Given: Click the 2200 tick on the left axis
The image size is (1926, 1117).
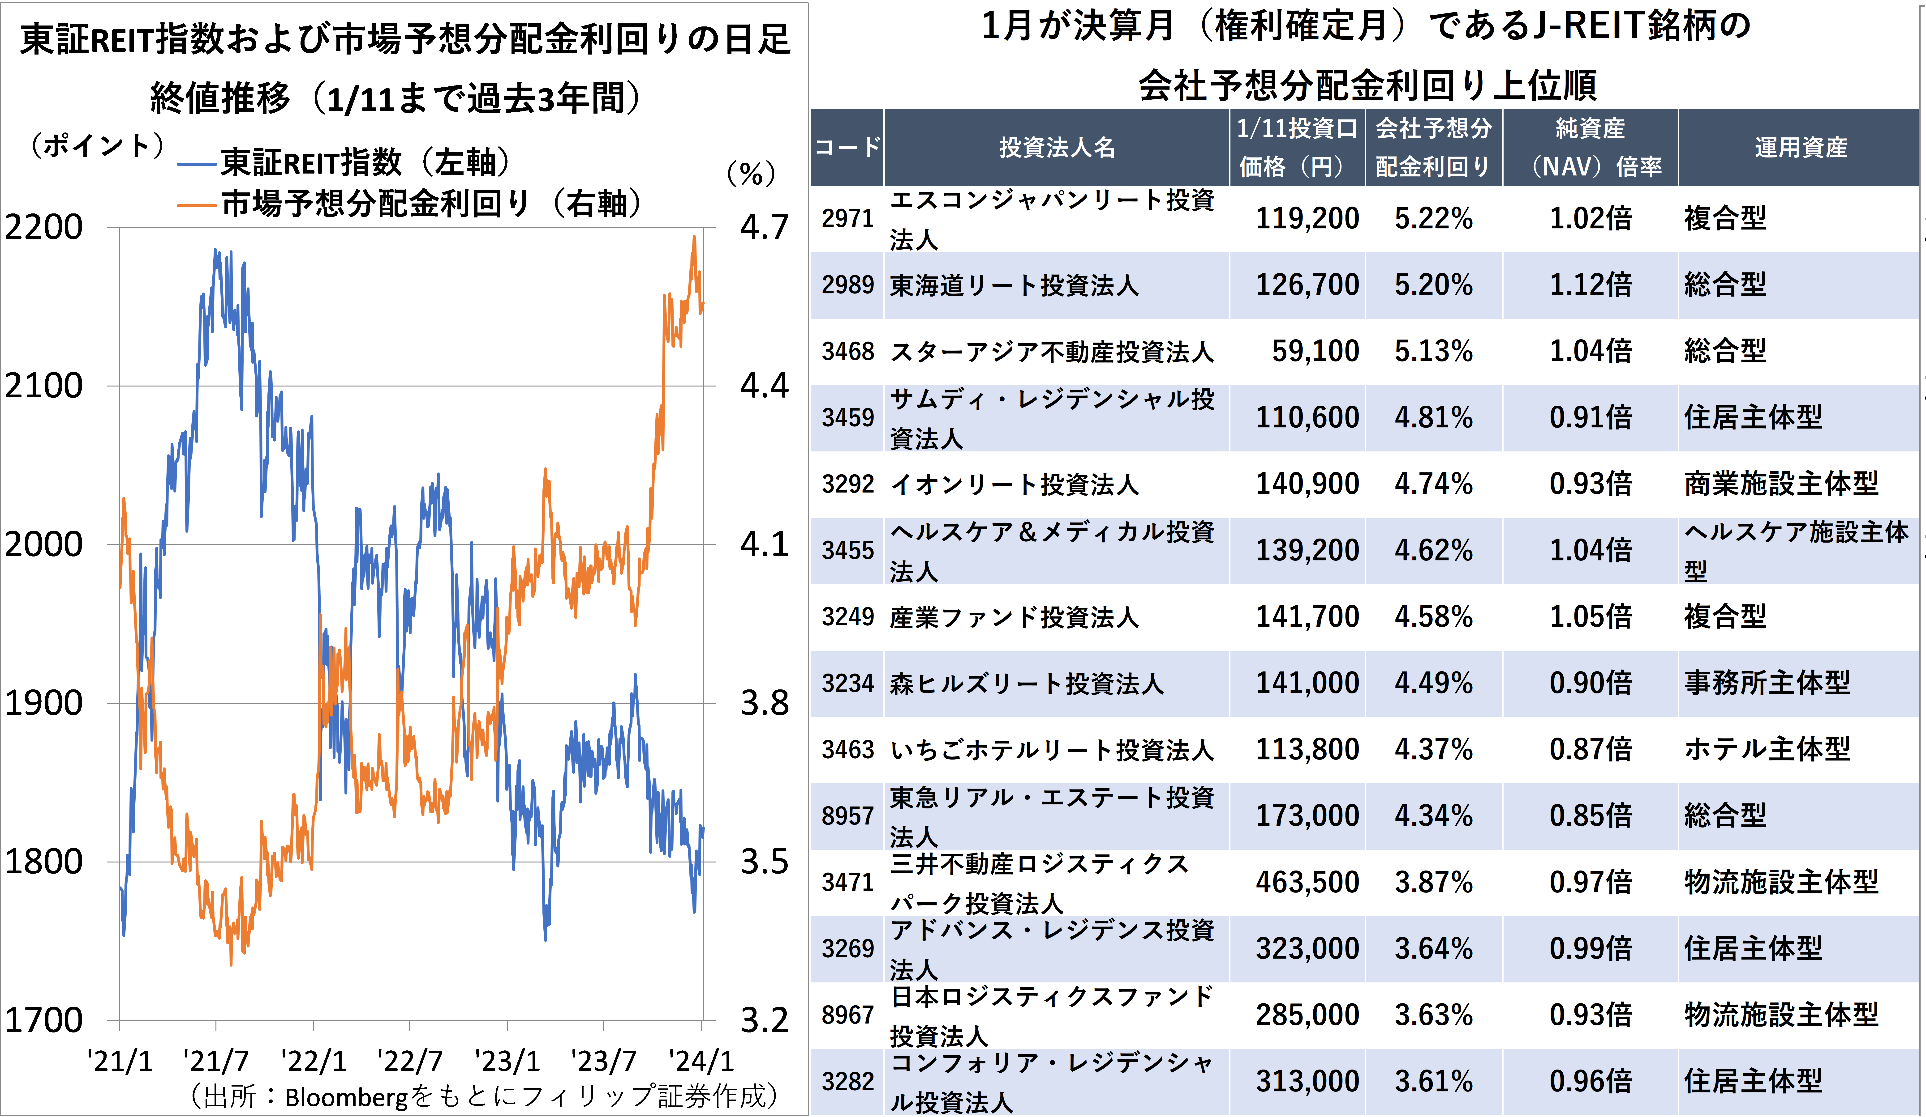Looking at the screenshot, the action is click(43, 227).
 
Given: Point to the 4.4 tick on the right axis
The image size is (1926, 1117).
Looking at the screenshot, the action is click(764, 386).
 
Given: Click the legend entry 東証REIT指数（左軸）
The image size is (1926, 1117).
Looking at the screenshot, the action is click(344, 162).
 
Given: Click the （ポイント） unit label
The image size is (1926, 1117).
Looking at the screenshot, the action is click(97, 145).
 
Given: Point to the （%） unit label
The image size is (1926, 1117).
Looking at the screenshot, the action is click(751, 174).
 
